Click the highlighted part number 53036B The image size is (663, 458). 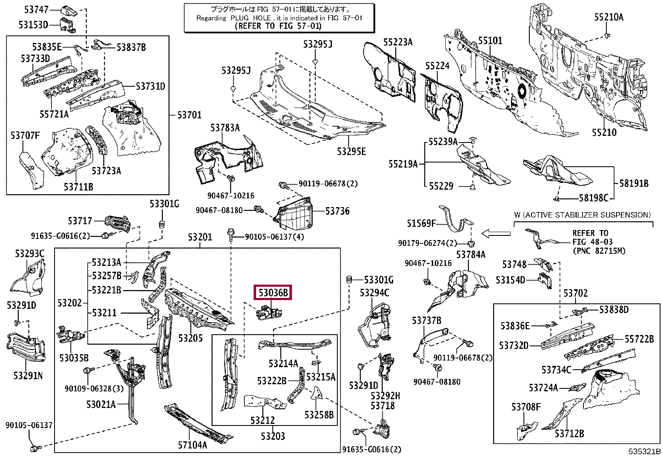coord(273,293)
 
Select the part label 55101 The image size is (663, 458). coord(490,40)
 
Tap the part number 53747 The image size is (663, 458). coord(36,10)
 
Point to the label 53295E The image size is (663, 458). coord(351,151)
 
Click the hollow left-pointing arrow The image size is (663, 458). coord(496,234)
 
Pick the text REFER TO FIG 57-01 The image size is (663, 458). coord(278,26)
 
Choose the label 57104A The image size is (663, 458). coord(192,445)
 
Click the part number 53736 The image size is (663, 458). coord(337,211)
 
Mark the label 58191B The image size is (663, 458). coord(634,183)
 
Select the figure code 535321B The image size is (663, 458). coord(645,451)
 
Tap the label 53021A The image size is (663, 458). coord(101,404)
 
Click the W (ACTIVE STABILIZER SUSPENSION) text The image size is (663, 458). coord(583,215)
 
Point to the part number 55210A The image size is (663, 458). coord(609,17)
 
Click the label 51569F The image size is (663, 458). coord(421,223)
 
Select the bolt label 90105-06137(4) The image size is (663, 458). coord(274,237)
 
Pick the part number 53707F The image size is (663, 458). coord(25,135)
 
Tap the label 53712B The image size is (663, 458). coord(569,434)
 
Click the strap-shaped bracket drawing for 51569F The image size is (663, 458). coord(456,222)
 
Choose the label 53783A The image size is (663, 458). coord(225,128)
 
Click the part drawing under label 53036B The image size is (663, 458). coord(269,313)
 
